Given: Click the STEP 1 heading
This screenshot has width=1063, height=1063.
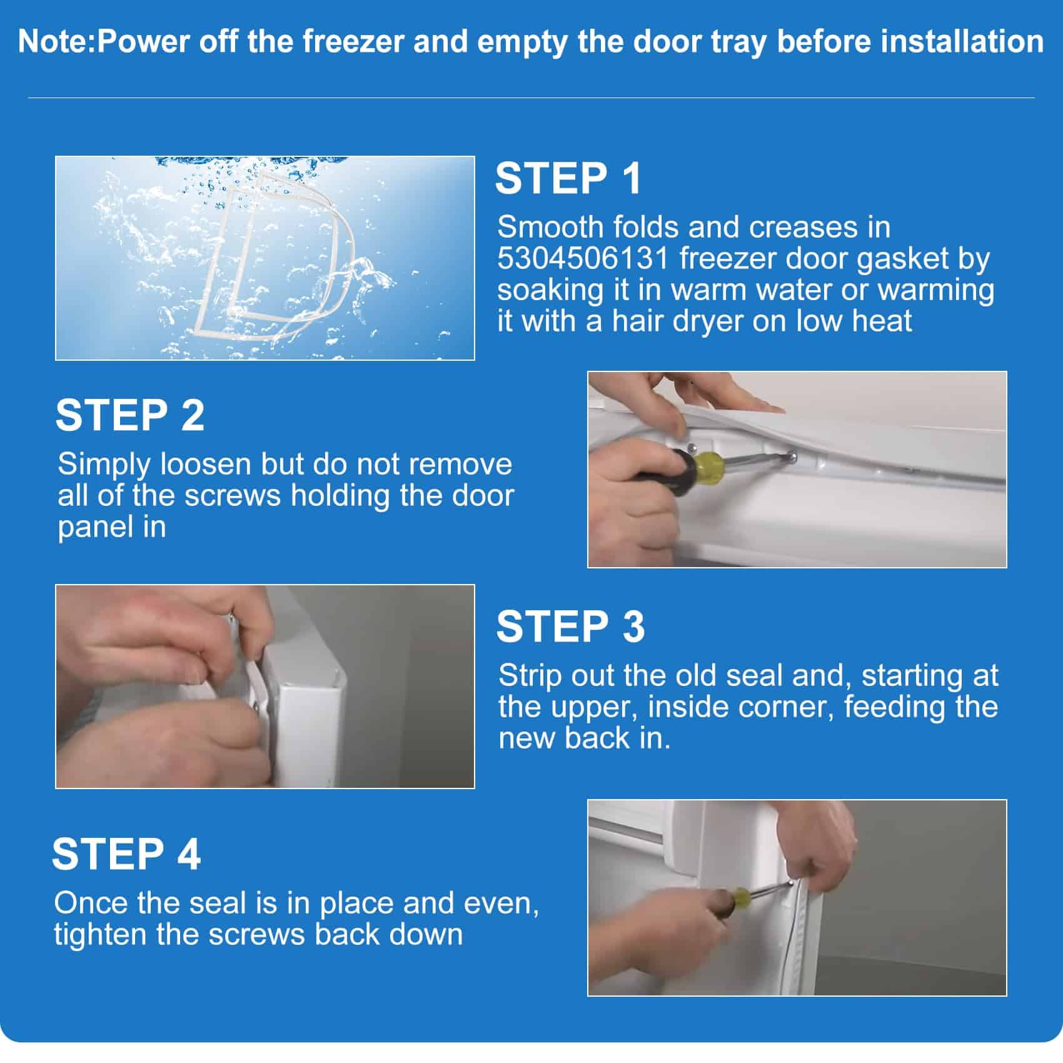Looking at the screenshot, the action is [568, 179].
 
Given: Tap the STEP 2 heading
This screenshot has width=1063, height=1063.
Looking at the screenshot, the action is [130, 415].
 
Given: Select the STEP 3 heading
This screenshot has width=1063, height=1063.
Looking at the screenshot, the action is [570, 627].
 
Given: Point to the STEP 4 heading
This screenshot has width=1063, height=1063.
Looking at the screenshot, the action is [126, 854].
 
